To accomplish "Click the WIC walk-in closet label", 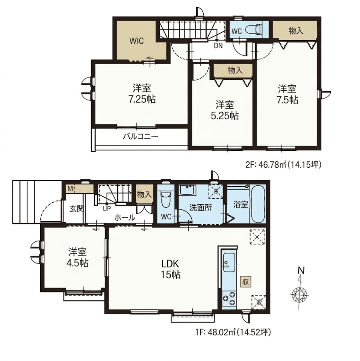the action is (136, 41).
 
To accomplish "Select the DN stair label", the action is (218, 46).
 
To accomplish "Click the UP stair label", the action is (107, 209).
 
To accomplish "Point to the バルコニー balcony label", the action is (141, 137).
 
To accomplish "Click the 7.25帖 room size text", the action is (142, 99).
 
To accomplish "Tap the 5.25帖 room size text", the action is (224, 116).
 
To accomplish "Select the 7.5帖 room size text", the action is (287, 100).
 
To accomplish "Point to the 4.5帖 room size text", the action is (78, 263).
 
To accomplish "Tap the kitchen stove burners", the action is (229, 298).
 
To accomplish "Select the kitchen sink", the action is (228, 264).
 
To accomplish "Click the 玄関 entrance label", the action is (77, 209).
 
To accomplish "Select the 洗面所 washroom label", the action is (200, 208).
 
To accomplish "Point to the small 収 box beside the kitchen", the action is (246, 282).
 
